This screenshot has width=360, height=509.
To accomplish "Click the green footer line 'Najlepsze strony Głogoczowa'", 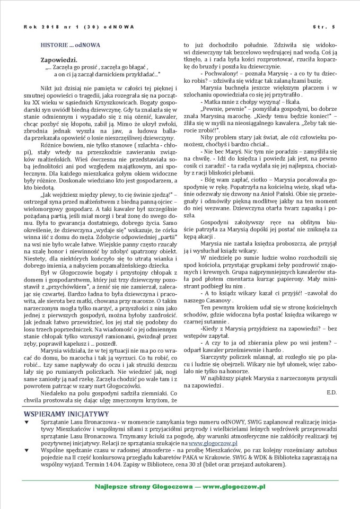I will pos(180,487).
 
